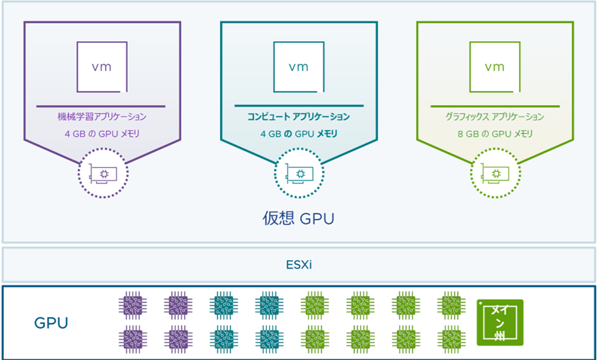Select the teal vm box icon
298,67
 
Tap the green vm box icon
494,67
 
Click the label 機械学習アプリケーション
102,117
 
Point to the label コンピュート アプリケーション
298,117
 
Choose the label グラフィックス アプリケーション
494,117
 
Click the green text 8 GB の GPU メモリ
494,134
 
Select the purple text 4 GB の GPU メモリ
102,134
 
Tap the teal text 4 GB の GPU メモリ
298,134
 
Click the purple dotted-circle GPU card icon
103,172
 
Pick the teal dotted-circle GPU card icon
299,172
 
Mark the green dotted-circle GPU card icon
495,172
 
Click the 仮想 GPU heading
298,218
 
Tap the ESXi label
298,265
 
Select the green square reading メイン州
500,322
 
